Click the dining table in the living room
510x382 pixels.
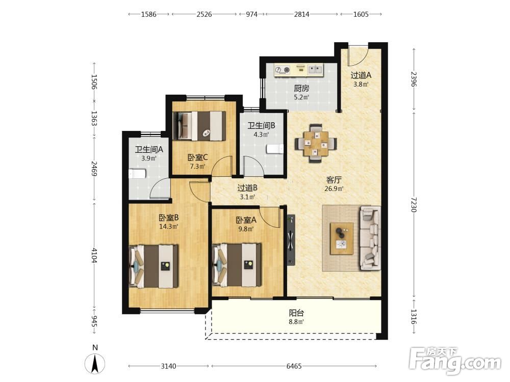(x=316, y=143)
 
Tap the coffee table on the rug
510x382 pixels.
(x=342, y=238)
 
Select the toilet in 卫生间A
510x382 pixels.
(x=137, y=174)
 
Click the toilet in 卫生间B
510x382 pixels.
(x=275, y=149)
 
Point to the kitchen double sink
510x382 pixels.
(x=315, y=69)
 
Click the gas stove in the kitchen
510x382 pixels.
(x=282, y=69)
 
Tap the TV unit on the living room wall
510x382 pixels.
(x=291, y=240)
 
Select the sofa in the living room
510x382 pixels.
(x=370, y=239)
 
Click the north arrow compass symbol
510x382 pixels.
(x=95, y=364)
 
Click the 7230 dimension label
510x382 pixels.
(x=414, y=204)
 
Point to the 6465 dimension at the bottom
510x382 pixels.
(x=294, y=366)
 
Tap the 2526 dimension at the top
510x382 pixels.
(x=204, y=14)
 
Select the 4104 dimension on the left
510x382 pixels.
(x=94, y=255)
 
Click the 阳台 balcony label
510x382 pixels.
(x=296, y=313)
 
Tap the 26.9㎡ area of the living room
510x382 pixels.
(x=334, y=188)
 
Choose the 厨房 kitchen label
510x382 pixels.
(x=301, y=88)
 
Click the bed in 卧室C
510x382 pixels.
(x=199, y=126)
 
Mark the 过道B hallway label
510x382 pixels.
(x=247, y=188)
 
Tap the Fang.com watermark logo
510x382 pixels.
(x=455, y=361)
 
